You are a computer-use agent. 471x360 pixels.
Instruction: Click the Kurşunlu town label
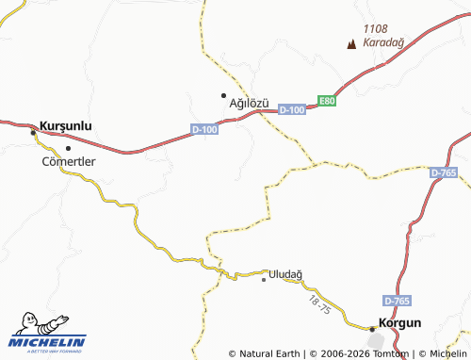65,123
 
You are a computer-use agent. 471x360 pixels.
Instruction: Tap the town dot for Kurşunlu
34,133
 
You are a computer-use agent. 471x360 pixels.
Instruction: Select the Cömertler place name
69,161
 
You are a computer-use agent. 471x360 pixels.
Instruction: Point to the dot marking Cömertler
68,148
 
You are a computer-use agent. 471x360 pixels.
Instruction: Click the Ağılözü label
250,102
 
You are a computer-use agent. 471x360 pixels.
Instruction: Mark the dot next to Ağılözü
223,95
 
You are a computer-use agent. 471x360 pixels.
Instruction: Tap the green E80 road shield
326,101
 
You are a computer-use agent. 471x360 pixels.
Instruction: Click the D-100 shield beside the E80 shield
293,110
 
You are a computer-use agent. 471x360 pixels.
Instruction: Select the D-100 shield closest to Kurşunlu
204,129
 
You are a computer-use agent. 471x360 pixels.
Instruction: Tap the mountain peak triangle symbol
352,43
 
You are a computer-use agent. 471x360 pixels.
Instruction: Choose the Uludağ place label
285,274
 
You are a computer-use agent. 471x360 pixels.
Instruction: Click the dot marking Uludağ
264,279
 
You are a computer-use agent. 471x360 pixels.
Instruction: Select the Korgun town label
398,322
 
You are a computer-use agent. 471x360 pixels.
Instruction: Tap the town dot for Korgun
372,329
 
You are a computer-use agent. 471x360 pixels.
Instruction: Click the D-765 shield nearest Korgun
397,300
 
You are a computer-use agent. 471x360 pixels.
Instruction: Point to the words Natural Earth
269,354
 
